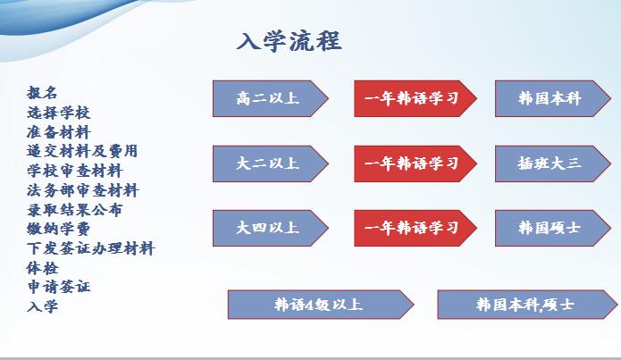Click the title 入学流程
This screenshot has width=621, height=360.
(289, 41)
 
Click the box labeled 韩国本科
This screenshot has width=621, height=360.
(553, 98)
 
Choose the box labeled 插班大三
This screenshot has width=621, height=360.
(553, 164)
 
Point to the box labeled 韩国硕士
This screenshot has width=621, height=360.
(553, 228)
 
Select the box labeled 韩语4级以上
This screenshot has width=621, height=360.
(321, 305)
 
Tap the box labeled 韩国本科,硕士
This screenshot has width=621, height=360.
(527, 305)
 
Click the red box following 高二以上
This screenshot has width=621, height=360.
(415, 98)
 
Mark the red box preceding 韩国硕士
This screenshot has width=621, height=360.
(415, 228)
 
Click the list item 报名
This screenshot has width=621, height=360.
(42, 93)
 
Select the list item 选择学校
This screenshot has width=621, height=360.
(59, 113)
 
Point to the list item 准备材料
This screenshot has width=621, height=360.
(59, 132)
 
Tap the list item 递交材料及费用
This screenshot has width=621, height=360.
(82, 151)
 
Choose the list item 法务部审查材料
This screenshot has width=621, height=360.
(83, 190)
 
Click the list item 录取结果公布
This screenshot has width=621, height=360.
(75, 210)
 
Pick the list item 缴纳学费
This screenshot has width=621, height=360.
(59, 229)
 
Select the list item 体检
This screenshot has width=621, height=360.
(42, 268)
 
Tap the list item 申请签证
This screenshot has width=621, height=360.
(59, 287)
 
